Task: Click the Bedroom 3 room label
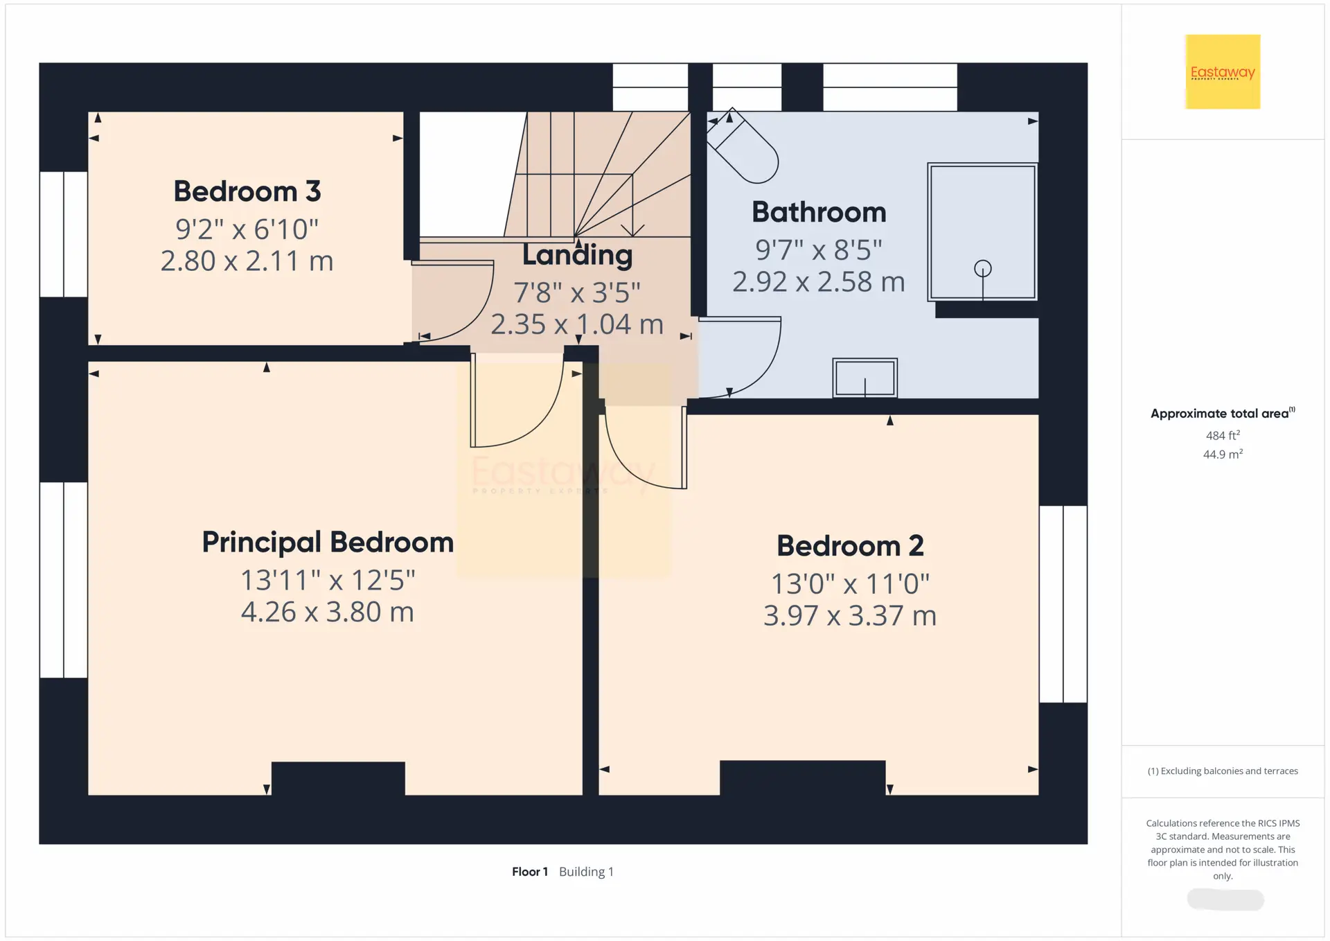(x=247, y=191)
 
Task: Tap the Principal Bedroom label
(x=328, y=543)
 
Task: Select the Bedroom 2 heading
(x=850, y=546)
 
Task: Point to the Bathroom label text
(x=819, y=212)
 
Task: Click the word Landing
(x=577, y=256)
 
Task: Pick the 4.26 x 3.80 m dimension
(x=328, y=612)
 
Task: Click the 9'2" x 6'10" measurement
(x=247, y=229)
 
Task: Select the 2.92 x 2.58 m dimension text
(x=819, y=282)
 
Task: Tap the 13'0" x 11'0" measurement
(x=850, y=583)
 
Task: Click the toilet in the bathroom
(x=743, y=147)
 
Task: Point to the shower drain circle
(x=982, y=268)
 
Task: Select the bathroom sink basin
(x=864, y=378)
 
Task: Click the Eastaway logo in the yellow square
(x=1223, y=72)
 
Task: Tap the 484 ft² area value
(x=1223, y=435)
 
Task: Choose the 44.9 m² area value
(x=1223, y=454)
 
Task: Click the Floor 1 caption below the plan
(x=530, y=872)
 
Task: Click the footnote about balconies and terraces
(x=1223, y=771)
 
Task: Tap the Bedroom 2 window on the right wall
(x=1063, y=604)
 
